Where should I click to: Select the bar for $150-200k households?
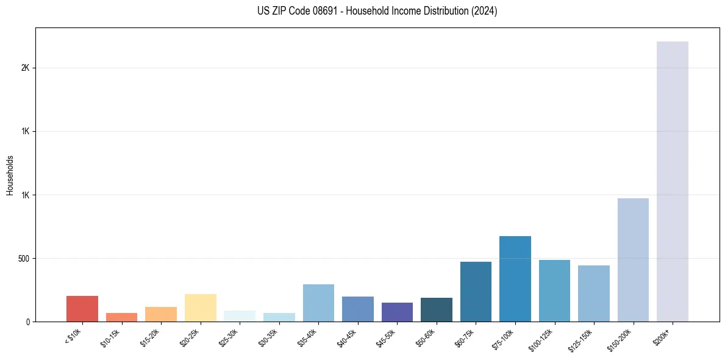point(633,260)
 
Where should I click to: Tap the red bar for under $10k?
point(82,309)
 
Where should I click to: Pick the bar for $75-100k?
point(515,279)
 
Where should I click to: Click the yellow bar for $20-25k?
point(200,308)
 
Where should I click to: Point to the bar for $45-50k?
point(397,312)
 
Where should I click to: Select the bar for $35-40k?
point(318,303)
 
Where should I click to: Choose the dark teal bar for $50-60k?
point(436,309)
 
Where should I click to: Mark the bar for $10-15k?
point(121,317)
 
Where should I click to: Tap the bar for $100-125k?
point(554,290)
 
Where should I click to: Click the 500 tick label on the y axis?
point(23,258)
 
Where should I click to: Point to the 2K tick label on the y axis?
point(25,68)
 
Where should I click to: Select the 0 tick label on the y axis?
point(27,322)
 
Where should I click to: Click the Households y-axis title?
point(10,175)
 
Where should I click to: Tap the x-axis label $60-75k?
point(465,337)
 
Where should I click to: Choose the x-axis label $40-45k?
point(347,337)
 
